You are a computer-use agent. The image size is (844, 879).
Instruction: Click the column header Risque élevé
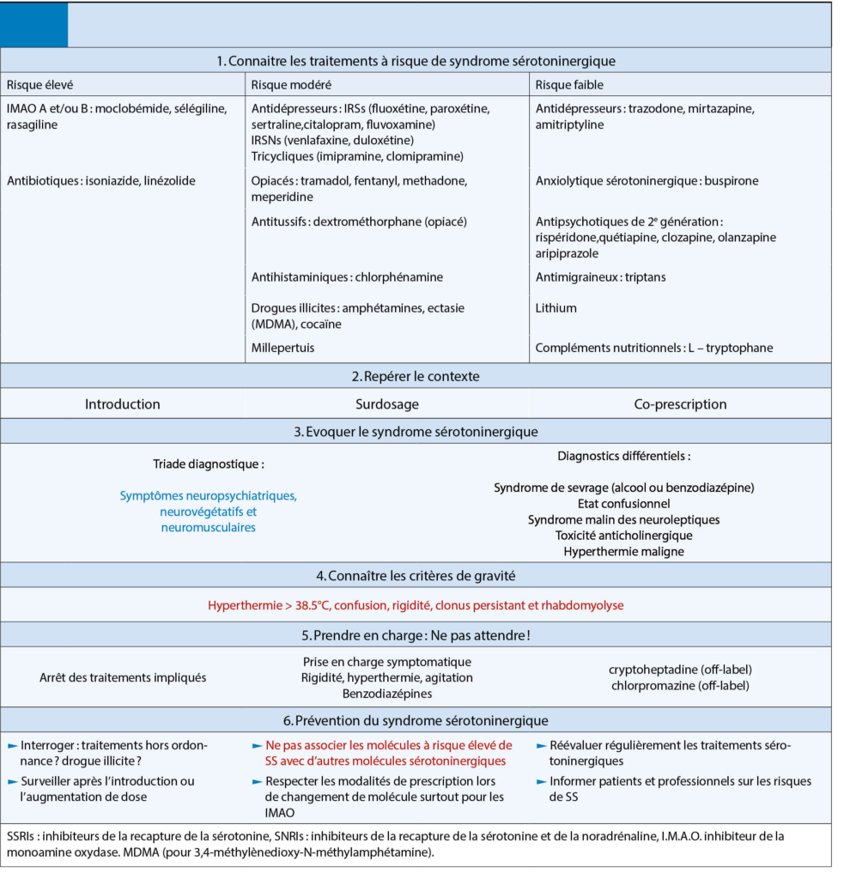[39, 84]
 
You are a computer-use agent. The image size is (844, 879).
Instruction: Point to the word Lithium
[556, 307]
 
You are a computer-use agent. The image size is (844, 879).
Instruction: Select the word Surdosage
[388, 403]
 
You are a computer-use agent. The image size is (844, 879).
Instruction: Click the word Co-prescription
[680, 403]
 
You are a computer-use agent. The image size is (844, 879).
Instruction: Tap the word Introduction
[122, 403]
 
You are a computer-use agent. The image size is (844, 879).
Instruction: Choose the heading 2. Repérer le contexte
[416, 376]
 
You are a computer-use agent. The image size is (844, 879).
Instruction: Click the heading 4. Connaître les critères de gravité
[416, 574]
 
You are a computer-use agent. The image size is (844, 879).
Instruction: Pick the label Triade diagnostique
[208, 464]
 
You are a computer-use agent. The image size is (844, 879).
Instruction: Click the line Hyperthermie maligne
[623, 551]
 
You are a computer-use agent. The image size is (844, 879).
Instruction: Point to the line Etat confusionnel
[623, 504]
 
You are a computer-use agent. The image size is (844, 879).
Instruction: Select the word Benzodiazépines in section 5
[386, 694]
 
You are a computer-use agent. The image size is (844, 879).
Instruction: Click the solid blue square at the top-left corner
[34, 26]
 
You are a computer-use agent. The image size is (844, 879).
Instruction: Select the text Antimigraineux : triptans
[600, 277]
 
